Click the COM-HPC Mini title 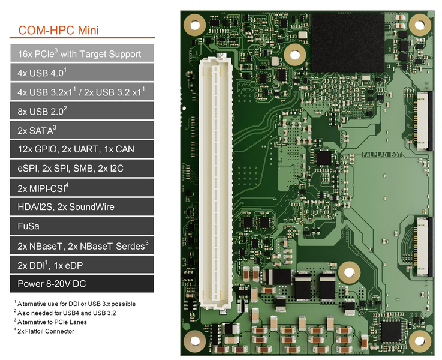tap(58, 30)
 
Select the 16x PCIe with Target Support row tap(82, 53)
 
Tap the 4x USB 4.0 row tap(82, 73)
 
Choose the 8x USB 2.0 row tap(82, 110)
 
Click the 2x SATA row tap(82, 130)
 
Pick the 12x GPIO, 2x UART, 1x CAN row tap(82, 149)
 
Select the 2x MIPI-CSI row tap(82, 188)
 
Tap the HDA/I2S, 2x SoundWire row tap(82, 207)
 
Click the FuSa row tap(82, 226)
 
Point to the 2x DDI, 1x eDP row tap(82, 265)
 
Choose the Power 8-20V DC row tap(82, 284)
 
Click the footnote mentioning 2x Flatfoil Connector tap(46, 331)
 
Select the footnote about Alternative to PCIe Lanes tap(52, 322)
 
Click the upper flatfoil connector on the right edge tap(422, 120)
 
